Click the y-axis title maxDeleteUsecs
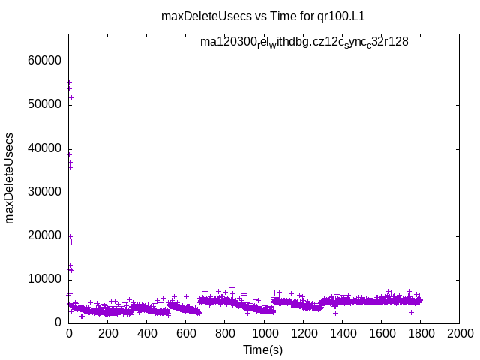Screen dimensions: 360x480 pos(10,178)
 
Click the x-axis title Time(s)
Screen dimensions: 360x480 pos(263,350)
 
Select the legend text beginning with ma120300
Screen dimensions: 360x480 pos(304,42)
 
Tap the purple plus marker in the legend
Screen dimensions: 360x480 pos(431,43)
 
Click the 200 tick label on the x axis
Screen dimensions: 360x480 pos(108,334)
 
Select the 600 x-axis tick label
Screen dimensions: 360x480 pos(186,334)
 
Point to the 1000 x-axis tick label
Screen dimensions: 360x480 pos(264,334)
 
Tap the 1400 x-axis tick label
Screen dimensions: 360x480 pos(342,334)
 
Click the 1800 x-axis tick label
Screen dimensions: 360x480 pos(420,334)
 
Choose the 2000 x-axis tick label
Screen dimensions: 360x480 pos(459,334)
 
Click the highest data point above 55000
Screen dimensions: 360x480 pos(69,82)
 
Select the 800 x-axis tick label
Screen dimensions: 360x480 pos(225,334)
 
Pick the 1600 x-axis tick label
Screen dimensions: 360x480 pos(381,334)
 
